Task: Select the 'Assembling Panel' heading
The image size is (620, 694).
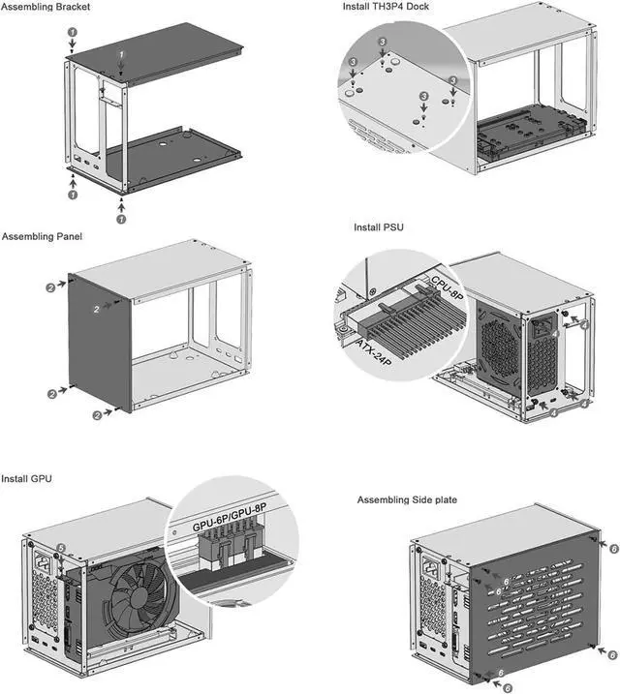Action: [x=42, y=236]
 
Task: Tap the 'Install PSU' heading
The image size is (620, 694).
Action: [x=379, y=227]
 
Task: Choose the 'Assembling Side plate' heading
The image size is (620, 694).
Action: [x=407, y=499]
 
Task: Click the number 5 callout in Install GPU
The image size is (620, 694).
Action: [x=61, y=548]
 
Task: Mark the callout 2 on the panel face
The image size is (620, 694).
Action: [x=97, y=308]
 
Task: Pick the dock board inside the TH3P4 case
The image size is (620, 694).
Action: [x=528, y=126]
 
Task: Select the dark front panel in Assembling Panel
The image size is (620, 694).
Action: [x=102, y=344]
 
